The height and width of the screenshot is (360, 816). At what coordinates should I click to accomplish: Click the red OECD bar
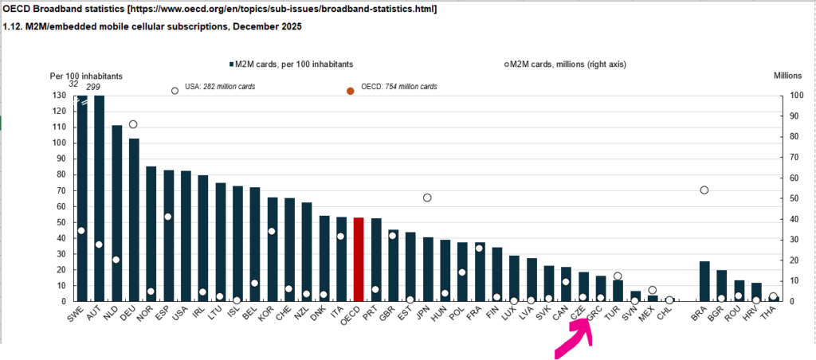pos(358,260)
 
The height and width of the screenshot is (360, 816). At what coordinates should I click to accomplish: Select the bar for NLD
pos(116,213)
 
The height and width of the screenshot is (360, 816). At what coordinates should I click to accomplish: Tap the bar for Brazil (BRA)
pos(704,281)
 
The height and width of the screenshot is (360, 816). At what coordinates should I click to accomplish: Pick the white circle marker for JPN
pos(427,198)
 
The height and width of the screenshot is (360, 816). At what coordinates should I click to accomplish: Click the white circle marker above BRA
pos(704,190)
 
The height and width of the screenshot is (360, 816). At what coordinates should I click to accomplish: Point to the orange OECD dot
pos(351,91)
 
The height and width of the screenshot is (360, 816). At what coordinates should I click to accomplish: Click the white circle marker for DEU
pos(133,124)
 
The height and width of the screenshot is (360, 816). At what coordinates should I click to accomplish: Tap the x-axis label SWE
pos(76,315)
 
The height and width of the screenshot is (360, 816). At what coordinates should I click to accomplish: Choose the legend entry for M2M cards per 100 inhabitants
pos(290,65)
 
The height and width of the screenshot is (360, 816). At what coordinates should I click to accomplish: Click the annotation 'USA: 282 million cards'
pos(220,87)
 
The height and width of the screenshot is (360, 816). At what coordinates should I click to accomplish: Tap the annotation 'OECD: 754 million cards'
pos(399,87)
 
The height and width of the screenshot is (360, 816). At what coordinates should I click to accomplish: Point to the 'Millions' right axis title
pos(788,76)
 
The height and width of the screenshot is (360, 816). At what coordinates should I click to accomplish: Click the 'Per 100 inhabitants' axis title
pos(86,76)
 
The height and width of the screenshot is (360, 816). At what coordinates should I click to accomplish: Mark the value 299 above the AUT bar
pos(93,87)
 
